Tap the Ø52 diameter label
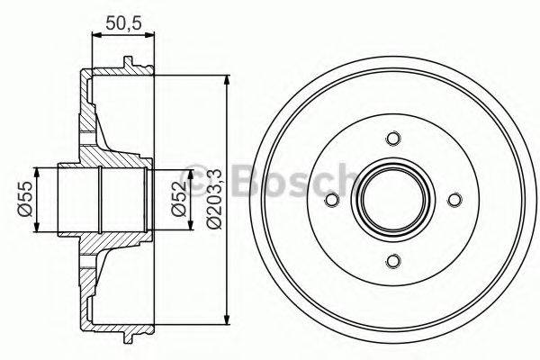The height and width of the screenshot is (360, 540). click(x=180, y=199)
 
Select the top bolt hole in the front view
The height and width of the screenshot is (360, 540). click(x=391, y=139)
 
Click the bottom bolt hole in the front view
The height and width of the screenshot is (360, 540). click(x=391, y=262)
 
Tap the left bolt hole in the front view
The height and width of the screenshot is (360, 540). click(x=330, y=200)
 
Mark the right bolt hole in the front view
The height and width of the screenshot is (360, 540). click(x=454, y=200)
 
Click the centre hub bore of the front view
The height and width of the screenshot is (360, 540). click(x=391, y=200)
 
